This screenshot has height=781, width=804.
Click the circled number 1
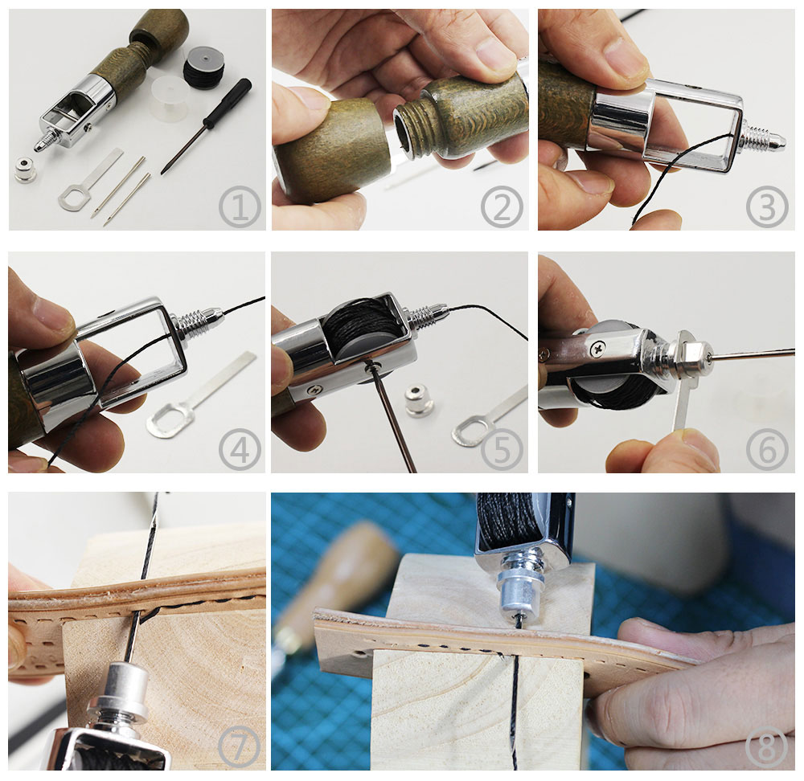pos(240,207)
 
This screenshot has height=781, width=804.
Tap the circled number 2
pos(502,207)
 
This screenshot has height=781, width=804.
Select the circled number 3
pos(767,207)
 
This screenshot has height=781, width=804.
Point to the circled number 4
pos(240,449)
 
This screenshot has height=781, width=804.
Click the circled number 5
pos(502,449)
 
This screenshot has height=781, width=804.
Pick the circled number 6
pos(767,449)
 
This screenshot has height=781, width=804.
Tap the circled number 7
pos(239,746)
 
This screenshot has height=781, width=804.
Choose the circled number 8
pos(766,746)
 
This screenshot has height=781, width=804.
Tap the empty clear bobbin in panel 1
pos(170,98)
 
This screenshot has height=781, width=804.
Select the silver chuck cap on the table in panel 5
pos(419,400)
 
